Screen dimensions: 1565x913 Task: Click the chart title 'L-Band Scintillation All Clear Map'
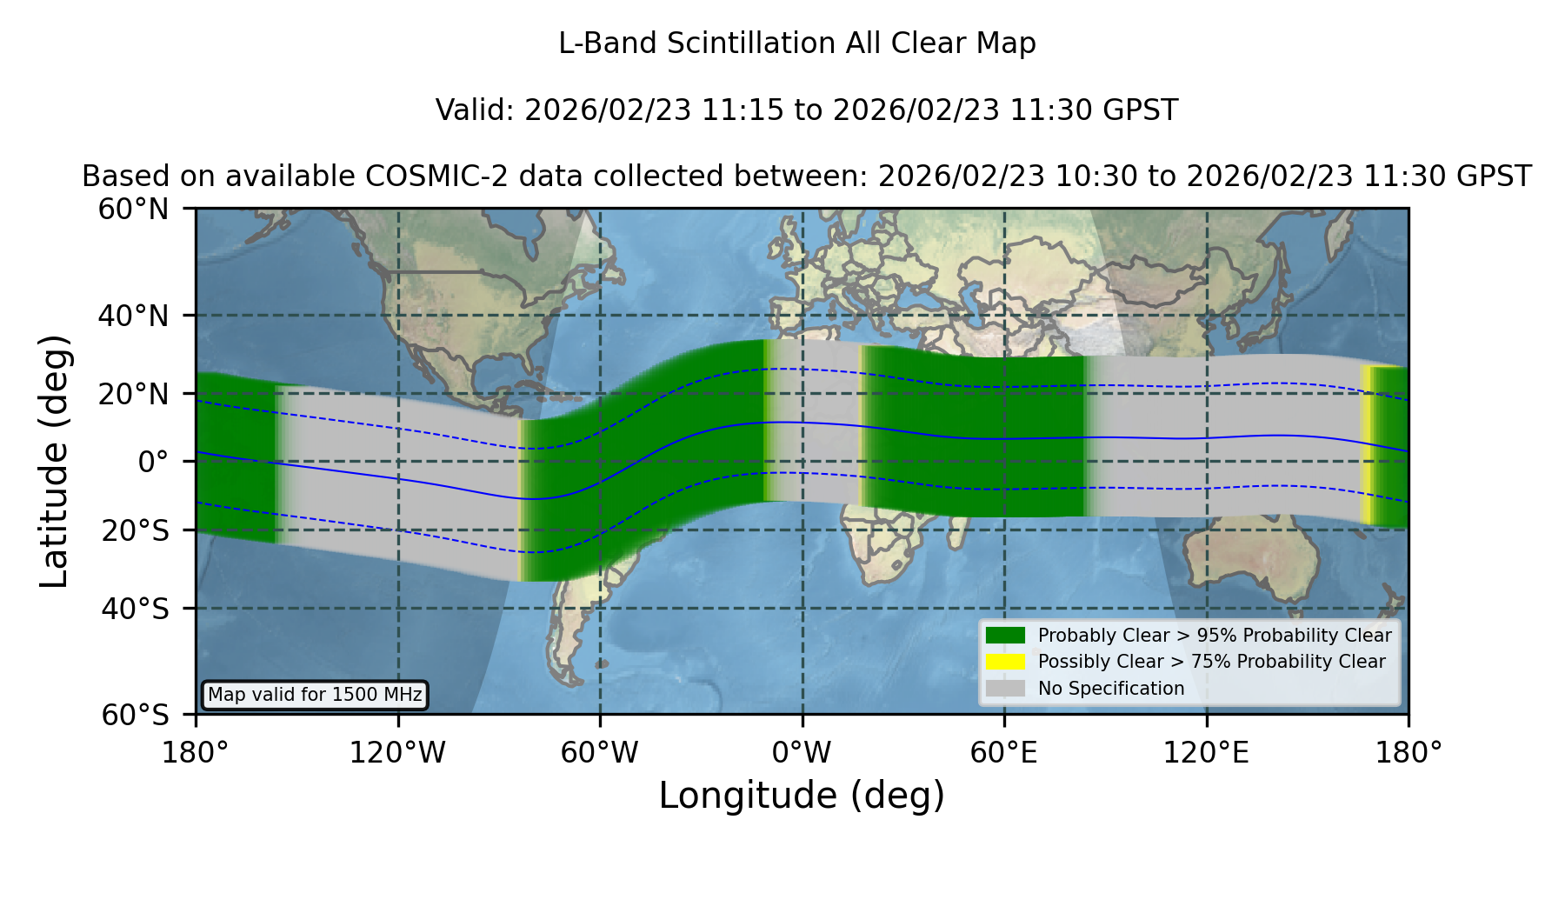coord(797,43)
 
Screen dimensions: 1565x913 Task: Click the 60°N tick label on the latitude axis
coord(133,209)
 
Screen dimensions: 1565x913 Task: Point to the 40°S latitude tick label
coord(135,609)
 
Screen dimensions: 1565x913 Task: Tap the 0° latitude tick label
coord(153,462)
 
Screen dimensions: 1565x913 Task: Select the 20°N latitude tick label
coord(133,394)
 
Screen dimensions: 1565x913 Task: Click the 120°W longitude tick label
coord(397,753)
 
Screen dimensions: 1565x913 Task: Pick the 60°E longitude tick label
coord(1004,753)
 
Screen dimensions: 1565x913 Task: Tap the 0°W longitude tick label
coord(802,753)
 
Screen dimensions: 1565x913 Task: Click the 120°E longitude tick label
coord(1206,753)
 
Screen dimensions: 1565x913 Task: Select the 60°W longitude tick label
coord(600,753)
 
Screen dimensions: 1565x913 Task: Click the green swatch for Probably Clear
coord(1005,636)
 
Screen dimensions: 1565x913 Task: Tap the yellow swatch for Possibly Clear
coord(1005,662)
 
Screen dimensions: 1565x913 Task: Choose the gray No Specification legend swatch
coord(1005,689)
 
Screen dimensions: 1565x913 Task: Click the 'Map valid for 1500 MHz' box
coord(315,695)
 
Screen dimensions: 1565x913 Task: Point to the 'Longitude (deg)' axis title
coord(802,796)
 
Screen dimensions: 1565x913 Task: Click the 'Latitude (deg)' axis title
coord(54,461)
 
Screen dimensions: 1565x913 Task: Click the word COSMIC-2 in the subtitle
coord(423,177)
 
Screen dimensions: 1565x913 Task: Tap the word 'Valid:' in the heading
coord(476,110)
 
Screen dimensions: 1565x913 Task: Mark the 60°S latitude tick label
coord(135,715)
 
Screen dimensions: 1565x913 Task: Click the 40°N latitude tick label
coord(133,316)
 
